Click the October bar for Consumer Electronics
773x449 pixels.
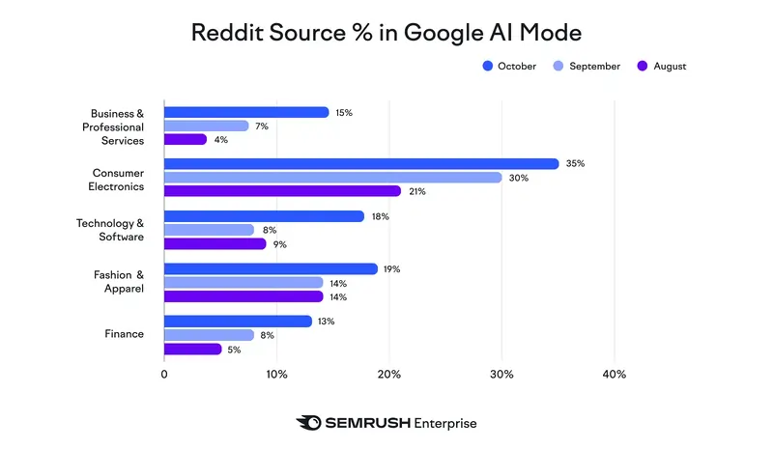point(360,163)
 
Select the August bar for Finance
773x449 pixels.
point(192,349)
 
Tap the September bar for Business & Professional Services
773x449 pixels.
point(206,126)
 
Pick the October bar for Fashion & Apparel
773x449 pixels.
point(271,268)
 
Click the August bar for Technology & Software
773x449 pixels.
point(215,243)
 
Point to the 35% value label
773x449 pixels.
point(577,163)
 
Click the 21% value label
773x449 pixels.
point(418,191)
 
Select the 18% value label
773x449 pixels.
point(381,216)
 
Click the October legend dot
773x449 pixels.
point(488,67)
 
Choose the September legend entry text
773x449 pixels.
point(594,67)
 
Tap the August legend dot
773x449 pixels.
point(643,67)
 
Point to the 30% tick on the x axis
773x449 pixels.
point(501,374)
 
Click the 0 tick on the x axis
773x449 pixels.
point(164,374)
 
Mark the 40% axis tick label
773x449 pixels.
point(614,374)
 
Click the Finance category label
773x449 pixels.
point(124,334)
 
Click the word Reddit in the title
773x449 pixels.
point(227,32)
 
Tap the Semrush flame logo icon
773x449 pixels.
point(309,423)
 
